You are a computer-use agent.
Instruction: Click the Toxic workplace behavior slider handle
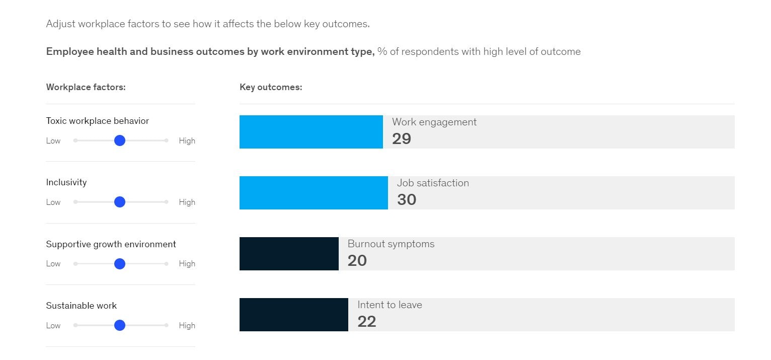pos(119,140)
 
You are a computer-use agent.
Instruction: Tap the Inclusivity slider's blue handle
pos(119,202)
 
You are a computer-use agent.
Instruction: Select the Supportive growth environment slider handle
pos(119,264)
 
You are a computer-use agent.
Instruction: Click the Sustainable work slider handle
pos(119,325)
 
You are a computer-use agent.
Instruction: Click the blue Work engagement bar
pos(311,132)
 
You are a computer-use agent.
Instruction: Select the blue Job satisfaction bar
pos(313,193)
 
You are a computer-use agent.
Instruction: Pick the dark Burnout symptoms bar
pos(288,254)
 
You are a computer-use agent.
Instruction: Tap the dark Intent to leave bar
pos(293,315)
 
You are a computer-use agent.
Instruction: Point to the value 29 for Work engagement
pos(402,139)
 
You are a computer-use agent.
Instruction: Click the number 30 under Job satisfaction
pos(407,200)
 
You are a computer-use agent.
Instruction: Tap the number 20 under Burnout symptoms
pos(357,261)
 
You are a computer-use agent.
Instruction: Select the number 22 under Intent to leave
pos(367,322)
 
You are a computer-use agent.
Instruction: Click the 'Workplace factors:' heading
pos(86,87)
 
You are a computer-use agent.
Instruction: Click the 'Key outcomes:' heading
pos(271,87)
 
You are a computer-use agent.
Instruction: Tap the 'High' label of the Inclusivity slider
pos(187,202)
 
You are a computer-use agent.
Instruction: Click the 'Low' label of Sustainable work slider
pos(53,325)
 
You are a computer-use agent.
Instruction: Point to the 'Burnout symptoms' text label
pos(391,244)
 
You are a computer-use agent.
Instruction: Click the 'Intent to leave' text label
pos(390,305)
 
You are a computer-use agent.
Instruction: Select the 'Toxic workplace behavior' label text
pos(97,121)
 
